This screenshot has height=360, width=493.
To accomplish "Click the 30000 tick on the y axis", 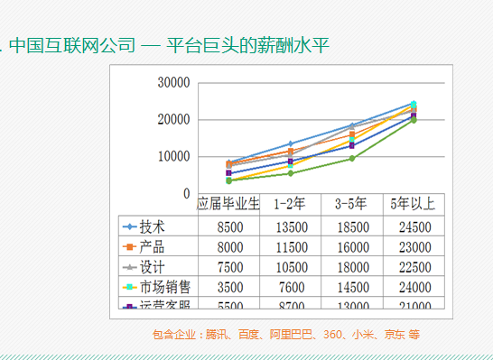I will pyautogui.click(x=173, y=83).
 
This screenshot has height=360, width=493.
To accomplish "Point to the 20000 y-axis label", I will pyautogui.click(x=173, y=120).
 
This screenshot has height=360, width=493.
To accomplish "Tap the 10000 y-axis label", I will pyautogui.click(x=173, y=157).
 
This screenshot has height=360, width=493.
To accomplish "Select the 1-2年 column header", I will pyautogui.click(x=289, y=204).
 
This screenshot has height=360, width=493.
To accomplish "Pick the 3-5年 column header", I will pyautogui.click(x=350, y=204).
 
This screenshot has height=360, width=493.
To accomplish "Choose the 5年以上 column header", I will pyautogui.click(x=412, y=204).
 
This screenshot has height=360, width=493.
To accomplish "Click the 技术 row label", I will pyautogui.click(x=153, y=226).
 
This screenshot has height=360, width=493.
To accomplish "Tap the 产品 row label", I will pyautogui.click(x=153, y=246).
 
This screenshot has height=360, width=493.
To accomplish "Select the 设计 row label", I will pyautogui.click(x=153, y=267).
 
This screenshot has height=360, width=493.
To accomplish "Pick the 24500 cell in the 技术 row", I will pyautogui.click(x=412, y=226).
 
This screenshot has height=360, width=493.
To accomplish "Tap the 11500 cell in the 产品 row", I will pyautogui.click(x=289, y=246).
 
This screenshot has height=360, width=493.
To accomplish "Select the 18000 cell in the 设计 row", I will pyautogui.click(x=350, y=267).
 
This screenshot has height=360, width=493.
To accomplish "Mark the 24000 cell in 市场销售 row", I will pyautogui.click(x=412, y=287).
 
